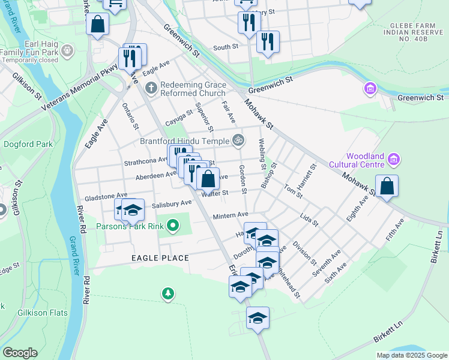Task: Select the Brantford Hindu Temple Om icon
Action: (x=238, y=141)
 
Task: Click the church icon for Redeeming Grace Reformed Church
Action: (x=150, y=88)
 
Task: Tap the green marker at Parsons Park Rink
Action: (x=173, y=226)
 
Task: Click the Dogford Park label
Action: (x=28, y=145)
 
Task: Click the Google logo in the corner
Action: (x=20, y=353)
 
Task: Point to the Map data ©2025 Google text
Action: (x=411, y=355)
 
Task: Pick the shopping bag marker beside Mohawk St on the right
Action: (x=387, y=186)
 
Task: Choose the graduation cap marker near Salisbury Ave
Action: (x=133, y=209)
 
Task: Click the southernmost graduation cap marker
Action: (x=258, y=318)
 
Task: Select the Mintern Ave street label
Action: (x=231, y=215)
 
